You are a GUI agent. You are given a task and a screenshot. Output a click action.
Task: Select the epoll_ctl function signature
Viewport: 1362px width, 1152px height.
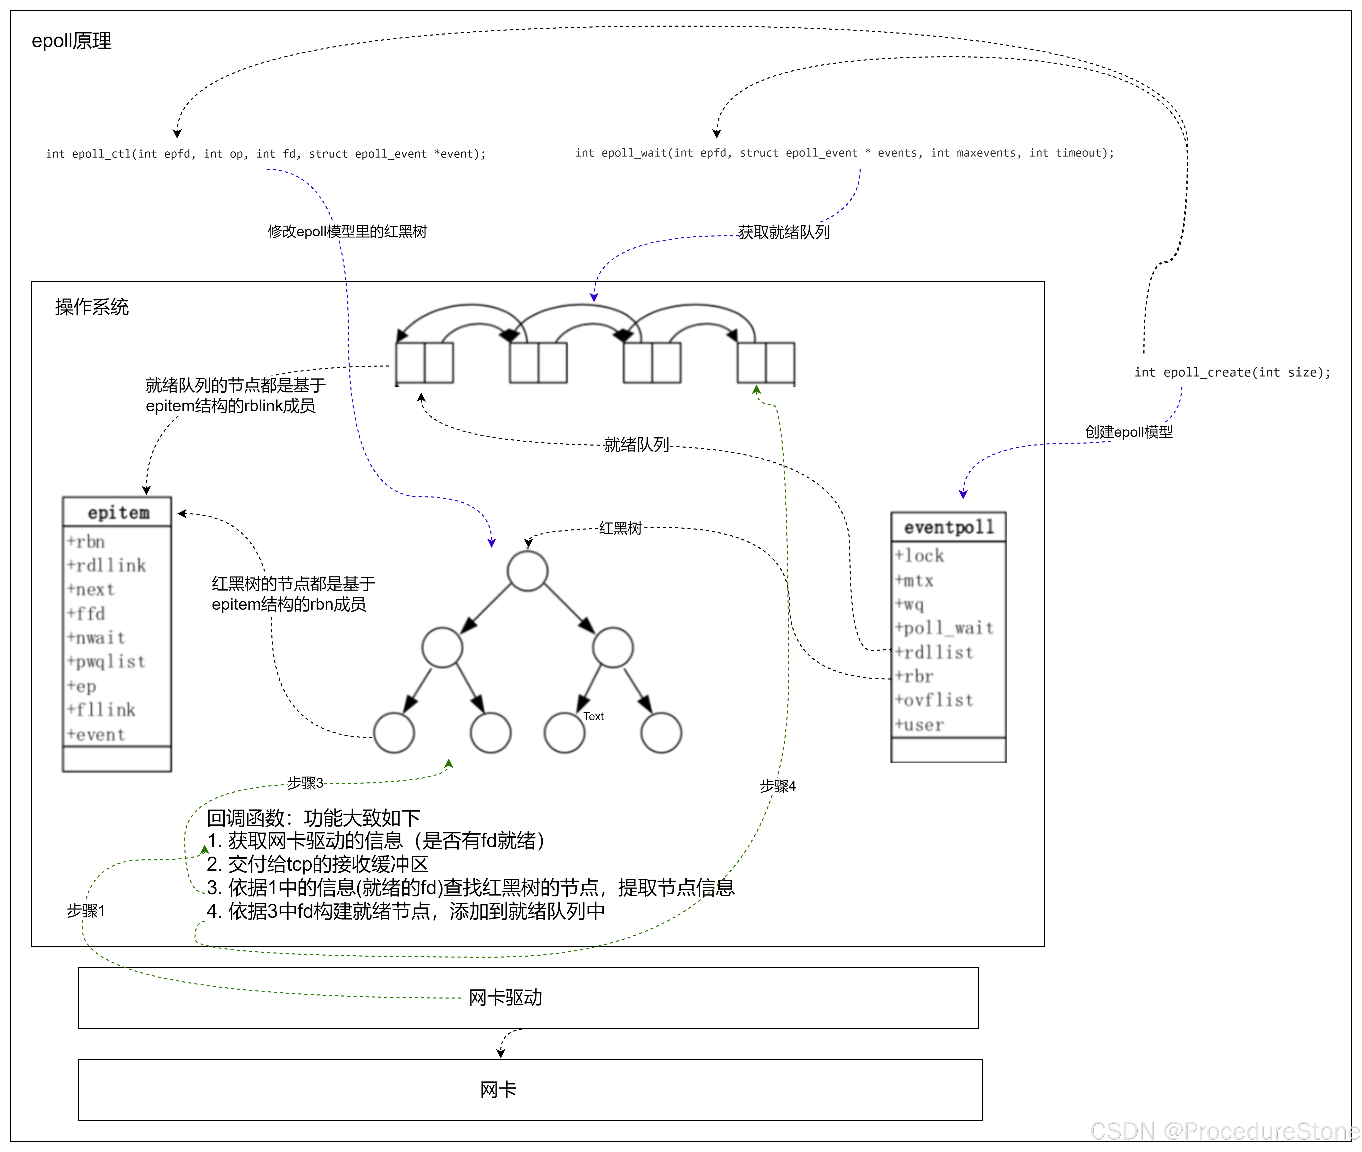click(265, 154)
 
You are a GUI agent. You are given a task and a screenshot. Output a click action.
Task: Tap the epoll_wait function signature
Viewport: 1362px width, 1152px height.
click(844, 153)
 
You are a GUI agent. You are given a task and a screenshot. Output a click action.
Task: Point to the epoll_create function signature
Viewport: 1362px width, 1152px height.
click(1232, 372)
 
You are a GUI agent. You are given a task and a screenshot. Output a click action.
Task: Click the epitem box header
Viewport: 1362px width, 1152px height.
click(118, 513)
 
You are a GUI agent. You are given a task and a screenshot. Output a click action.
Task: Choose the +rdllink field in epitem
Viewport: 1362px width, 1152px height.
click(106, 566)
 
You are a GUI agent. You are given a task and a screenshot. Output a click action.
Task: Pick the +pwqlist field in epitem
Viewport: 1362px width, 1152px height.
click(106, 661)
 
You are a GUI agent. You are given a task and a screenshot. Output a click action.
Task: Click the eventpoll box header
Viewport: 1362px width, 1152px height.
click(949, 527)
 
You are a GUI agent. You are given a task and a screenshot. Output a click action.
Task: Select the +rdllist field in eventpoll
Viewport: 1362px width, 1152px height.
click(934, 652)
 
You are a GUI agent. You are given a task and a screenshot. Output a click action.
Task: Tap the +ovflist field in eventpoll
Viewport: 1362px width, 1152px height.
click(934, 700)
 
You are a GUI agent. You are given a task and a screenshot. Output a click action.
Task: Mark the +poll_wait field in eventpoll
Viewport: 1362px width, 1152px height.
click(944, 628)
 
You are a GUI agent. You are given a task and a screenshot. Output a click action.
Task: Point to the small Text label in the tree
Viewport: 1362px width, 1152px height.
click(593, 716)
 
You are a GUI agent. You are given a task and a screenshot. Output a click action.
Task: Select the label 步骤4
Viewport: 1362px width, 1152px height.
click(777, 786)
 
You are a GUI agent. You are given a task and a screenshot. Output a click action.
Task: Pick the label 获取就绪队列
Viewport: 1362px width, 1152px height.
click(783, 232)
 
